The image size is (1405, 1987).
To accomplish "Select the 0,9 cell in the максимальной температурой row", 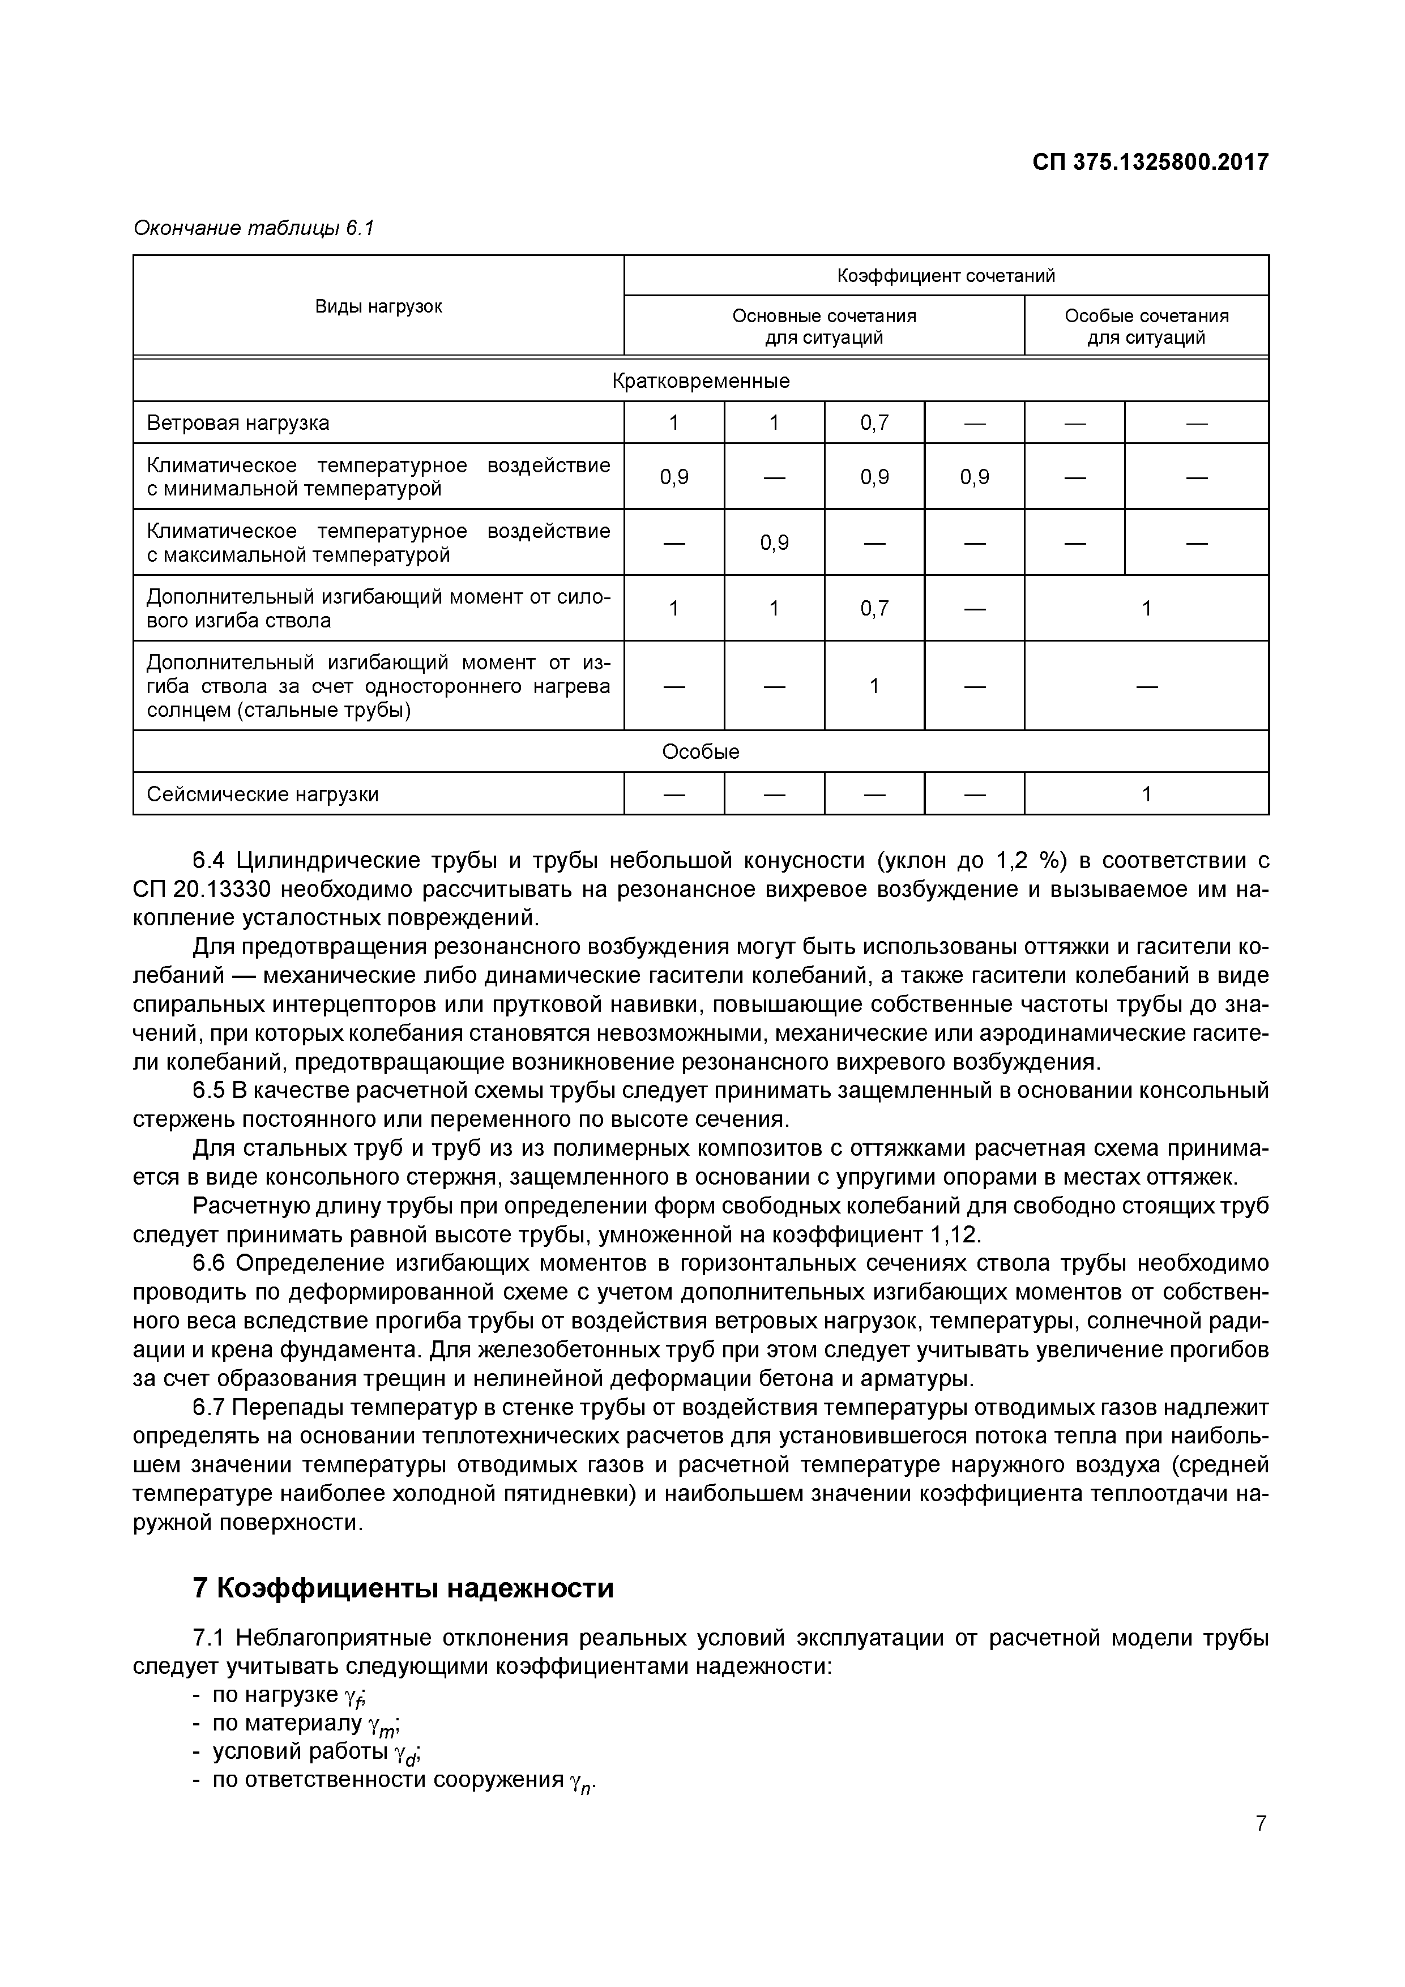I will [x=774, y=542].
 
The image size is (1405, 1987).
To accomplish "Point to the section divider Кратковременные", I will [x=701, y=381].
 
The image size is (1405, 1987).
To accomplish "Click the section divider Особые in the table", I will [x=701, y=751].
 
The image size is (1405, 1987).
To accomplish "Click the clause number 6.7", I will [x=208, y=1408].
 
